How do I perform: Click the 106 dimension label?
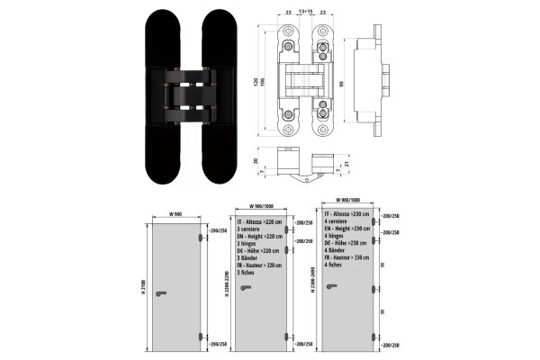click(x=264, y=84)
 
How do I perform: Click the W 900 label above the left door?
click(x=175, y=213)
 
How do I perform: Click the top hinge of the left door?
click(x=199, y=232)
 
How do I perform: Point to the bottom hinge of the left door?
click(x=199, y=338)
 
